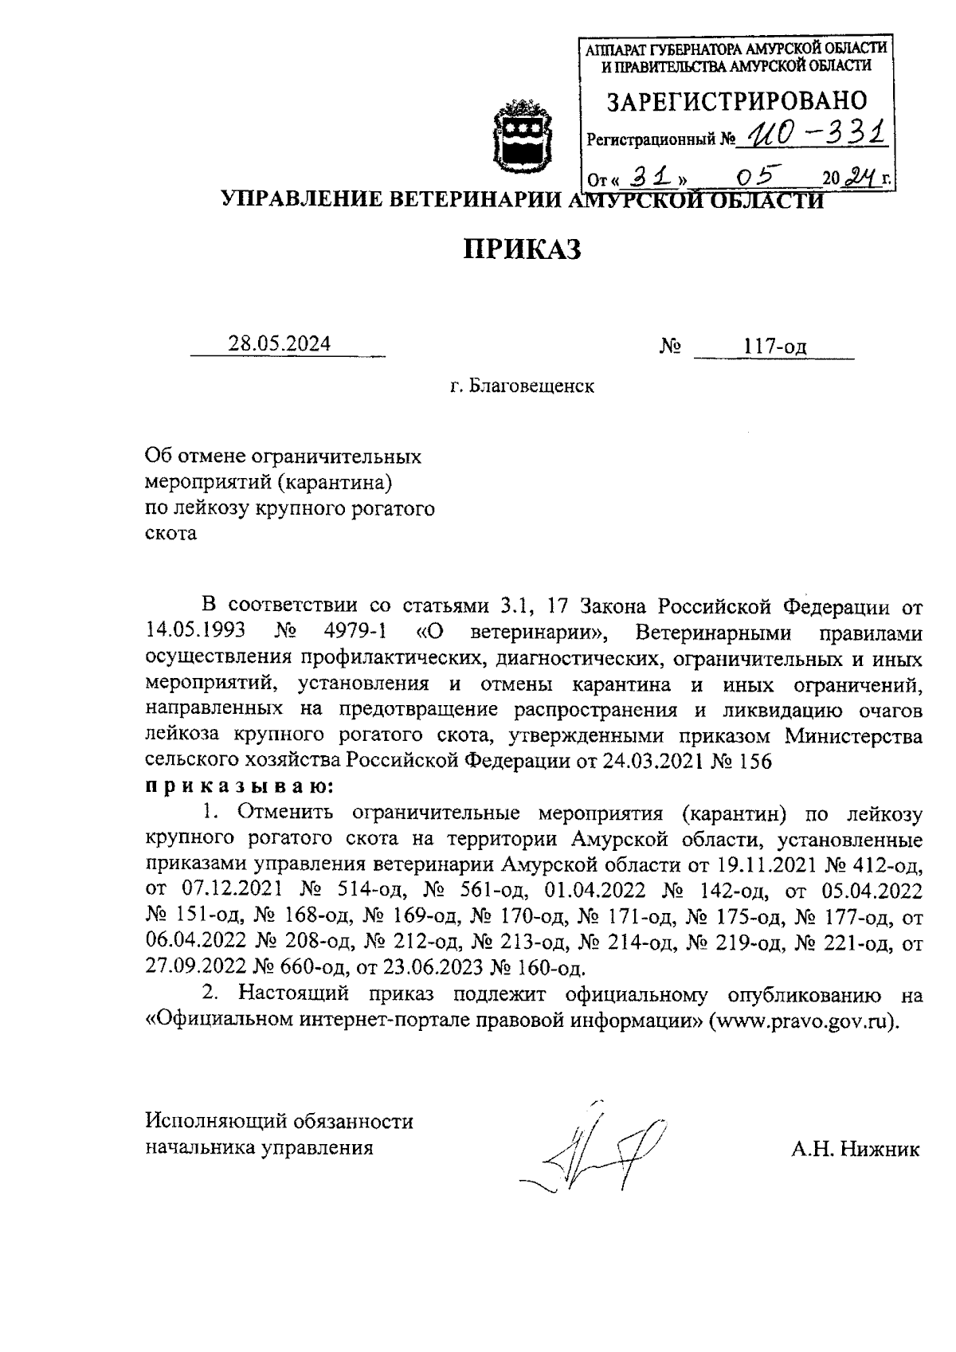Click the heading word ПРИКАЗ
coord(523,249)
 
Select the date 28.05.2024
coord(280,345)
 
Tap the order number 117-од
coord(774,347)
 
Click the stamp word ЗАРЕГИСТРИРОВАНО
coord(737,101)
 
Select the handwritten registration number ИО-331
coord(812,134)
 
